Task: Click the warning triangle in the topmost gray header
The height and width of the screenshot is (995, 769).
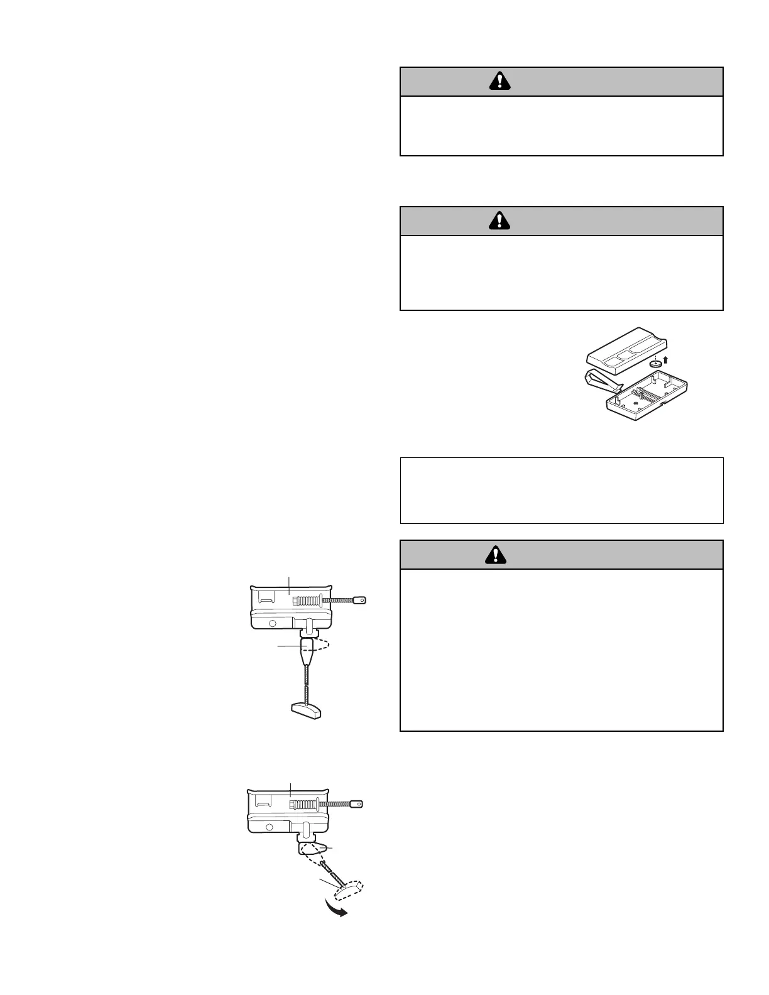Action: click(x=499, y=81)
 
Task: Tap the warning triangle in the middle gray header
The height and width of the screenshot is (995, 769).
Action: click(x=499, y=220)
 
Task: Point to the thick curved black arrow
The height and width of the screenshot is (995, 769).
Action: click(x=335, y=909)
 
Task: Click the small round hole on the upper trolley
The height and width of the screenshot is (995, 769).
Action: click(x=273, y=624)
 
